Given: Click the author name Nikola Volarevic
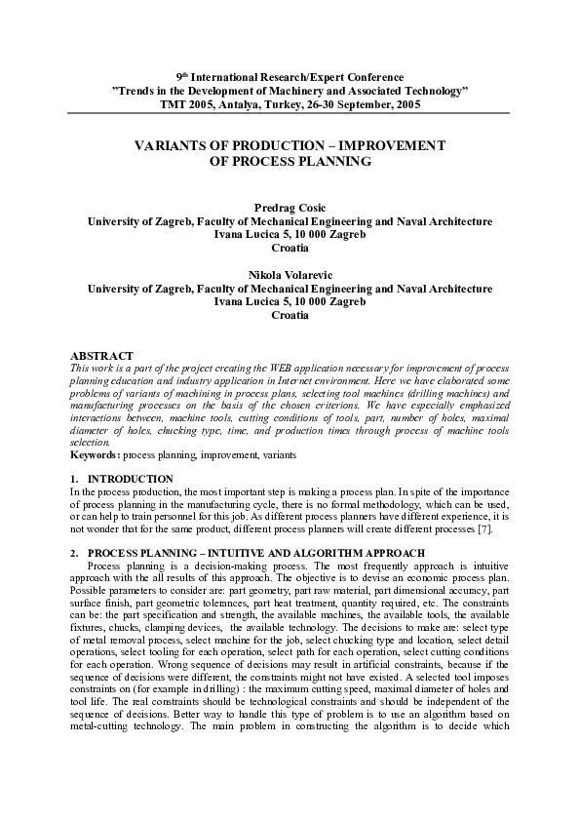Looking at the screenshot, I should [290, 276].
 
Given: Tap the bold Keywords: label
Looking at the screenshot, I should [97, 455].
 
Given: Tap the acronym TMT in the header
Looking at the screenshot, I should [174, 102].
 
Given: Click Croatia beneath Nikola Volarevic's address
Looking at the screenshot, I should [290, 316].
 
